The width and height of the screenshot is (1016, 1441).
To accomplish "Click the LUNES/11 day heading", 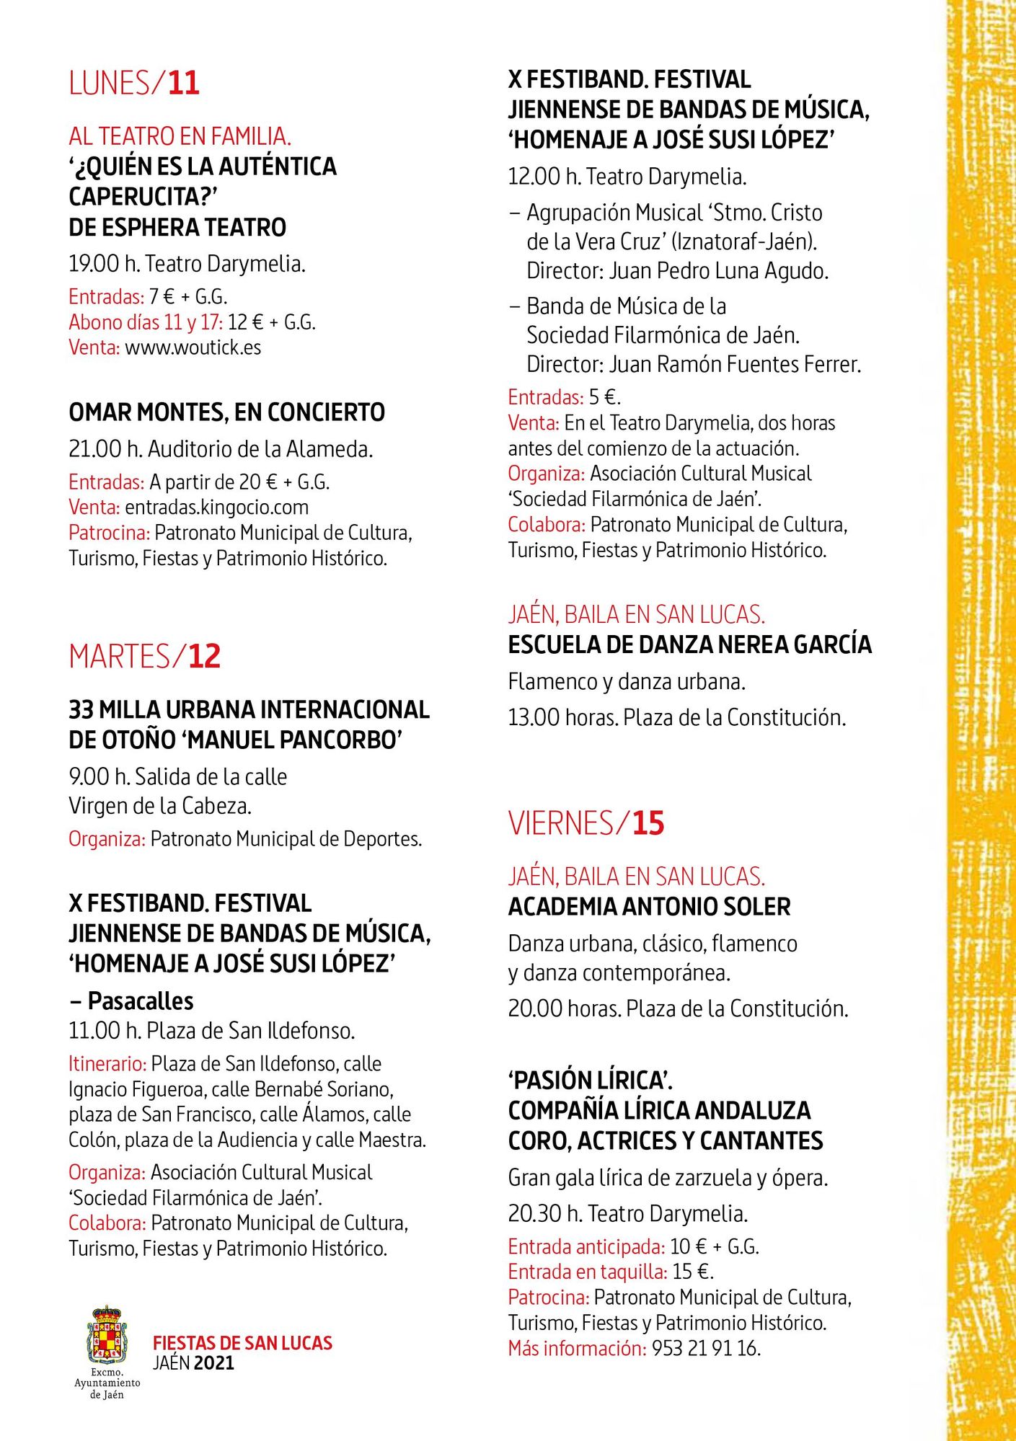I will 134,83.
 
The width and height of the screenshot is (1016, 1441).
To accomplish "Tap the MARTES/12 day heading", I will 145,656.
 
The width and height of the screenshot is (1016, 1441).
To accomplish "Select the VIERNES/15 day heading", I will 586,823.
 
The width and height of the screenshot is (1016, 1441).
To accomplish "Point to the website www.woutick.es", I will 193,347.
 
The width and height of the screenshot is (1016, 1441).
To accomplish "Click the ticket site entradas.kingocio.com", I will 216,507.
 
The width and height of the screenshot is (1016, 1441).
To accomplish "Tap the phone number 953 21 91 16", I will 706,1348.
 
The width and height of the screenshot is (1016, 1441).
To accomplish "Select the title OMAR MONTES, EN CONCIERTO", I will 226,412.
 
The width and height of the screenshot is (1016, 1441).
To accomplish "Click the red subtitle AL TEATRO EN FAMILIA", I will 180,136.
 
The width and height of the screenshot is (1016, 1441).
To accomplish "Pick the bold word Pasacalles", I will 141,1001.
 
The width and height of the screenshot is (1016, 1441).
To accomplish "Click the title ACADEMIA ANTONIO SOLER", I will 649,907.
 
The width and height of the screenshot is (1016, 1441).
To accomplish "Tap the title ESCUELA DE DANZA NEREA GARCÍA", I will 689,644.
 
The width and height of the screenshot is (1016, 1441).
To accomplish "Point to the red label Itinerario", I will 107,1064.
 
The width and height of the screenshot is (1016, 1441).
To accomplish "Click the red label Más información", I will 577,1348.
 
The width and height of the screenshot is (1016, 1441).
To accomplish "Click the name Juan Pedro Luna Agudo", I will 719,271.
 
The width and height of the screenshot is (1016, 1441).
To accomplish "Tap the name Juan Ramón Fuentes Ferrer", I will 735,365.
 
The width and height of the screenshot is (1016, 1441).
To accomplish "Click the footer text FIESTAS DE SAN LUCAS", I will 242,1343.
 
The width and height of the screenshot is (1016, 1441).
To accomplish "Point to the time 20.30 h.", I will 544,1214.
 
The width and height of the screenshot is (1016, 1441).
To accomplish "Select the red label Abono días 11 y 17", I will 146,322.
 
